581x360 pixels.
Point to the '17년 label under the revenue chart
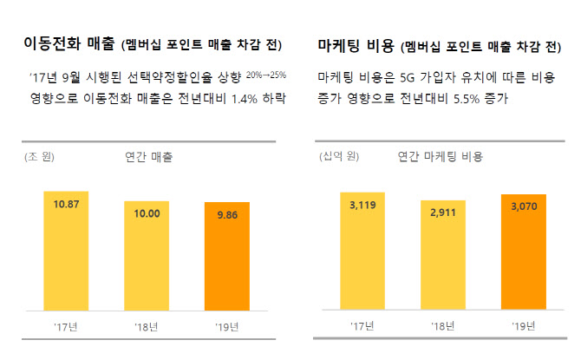point(65,328)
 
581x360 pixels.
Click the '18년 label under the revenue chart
point(146,328)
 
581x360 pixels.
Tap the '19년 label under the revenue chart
point(227,328)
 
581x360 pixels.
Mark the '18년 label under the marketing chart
point(442,328)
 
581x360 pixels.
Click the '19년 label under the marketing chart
point(524,328)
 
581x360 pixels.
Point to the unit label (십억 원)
point(339,158)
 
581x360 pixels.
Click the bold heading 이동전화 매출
point(63,43)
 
